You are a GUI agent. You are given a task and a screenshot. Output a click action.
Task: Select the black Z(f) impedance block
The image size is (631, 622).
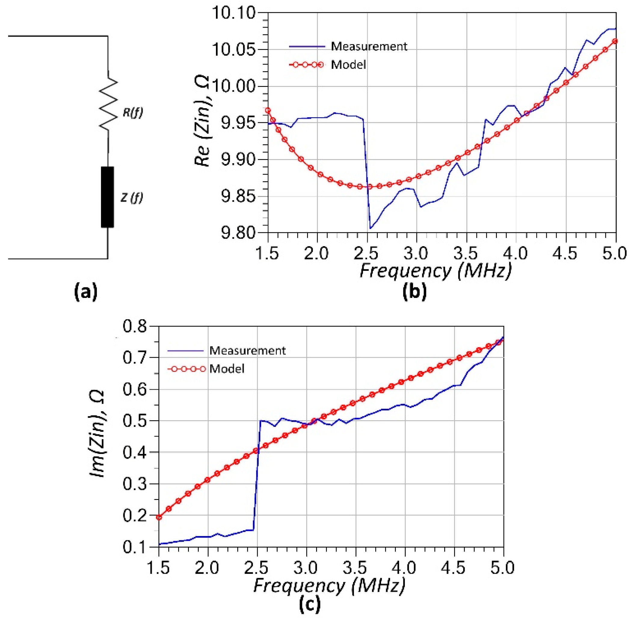click(x=107, y=197)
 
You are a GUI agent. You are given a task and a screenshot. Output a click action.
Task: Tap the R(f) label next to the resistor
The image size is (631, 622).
click(x=133, y=113)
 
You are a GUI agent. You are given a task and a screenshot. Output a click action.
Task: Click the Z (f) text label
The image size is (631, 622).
click(x=131, y=198)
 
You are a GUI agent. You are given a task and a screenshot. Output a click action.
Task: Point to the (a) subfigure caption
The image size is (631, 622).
click(x=86, y=292)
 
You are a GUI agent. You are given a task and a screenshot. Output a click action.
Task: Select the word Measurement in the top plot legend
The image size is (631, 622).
click(x=369, y=46)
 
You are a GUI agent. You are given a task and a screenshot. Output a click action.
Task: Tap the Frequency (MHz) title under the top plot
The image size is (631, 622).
click(x=435, y=271)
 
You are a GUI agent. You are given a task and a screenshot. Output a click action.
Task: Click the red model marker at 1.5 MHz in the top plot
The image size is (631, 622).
click(x=268, y=110)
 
